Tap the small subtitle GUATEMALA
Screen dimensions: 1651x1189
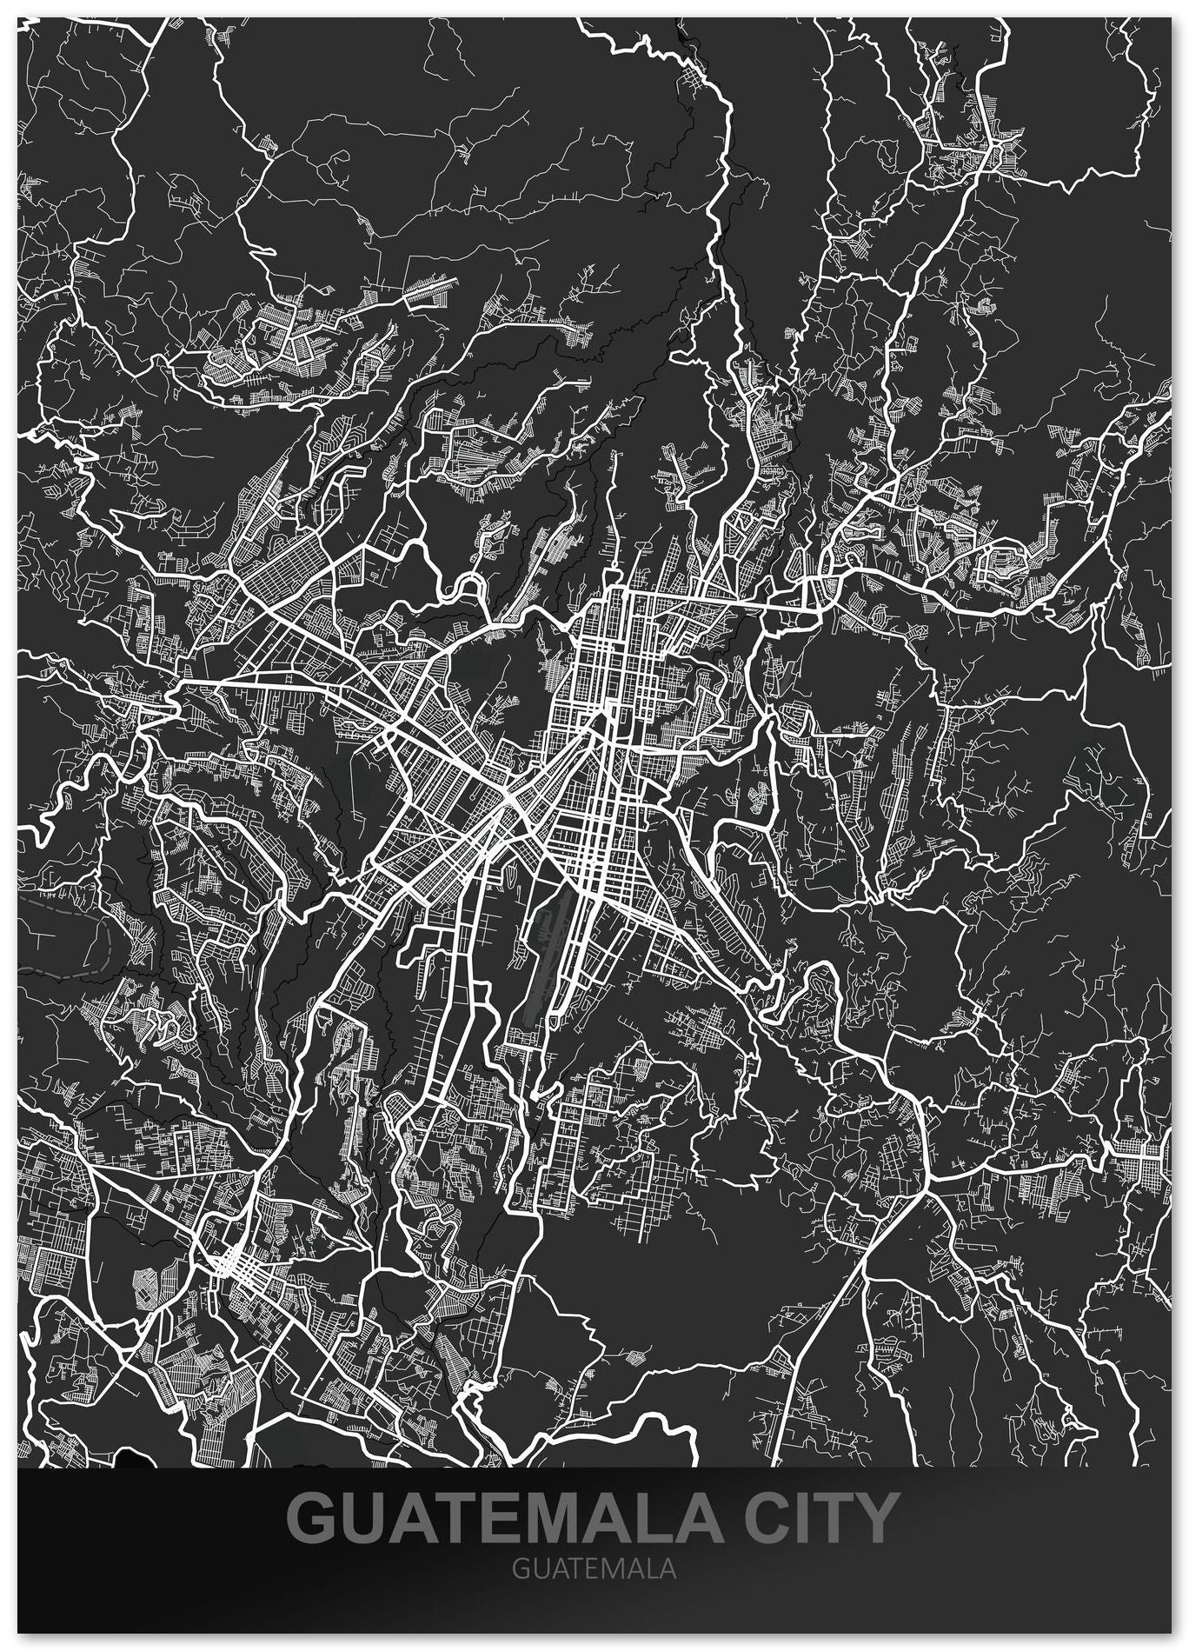click(594, 1570)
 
